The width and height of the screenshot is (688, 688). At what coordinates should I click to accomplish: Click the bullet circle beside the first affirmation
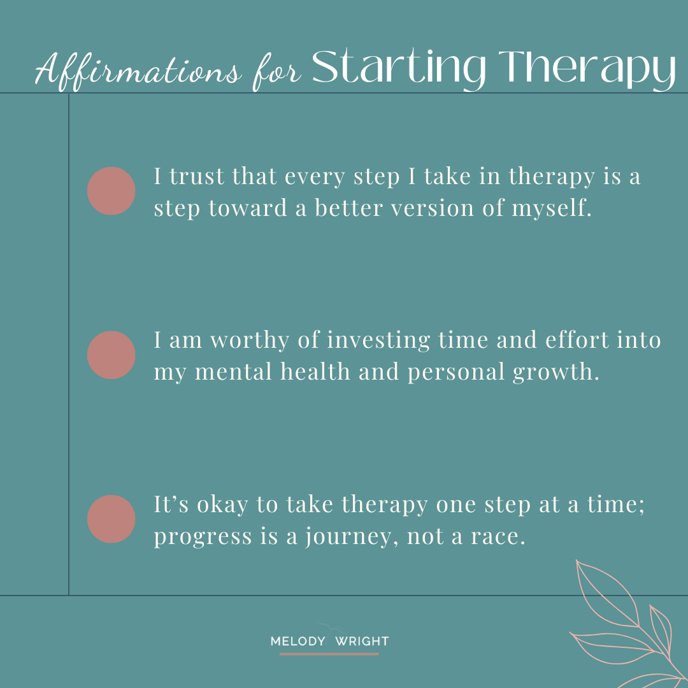(111, 191)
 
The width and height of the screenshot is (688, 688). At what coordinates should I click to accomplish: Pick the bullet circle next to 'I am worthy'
(111, 355)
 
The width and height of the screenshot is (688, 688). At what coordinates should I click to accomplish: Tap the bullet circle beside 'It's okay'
(111, 519)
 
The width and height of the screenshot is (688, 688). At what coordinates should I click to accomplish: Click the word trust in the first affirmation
(197, 176)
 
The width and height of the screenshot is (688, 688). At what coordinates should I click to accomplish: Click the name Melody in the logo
(296, 641)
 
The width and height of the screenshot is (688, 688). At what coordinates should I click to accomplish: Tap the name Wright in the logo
(361, 641)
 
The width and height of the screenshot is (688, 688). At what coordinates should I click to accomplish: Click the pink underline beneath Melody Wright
(329, 654)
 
